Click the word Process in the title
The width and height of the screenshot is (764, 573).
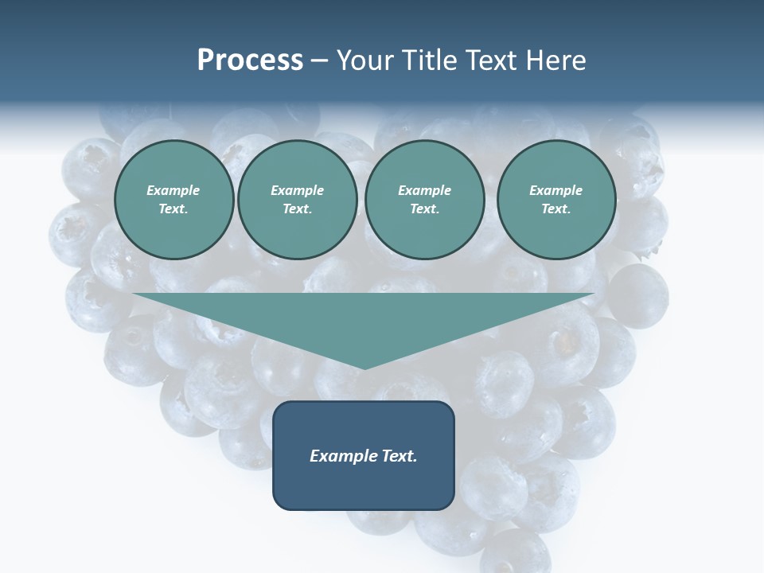coord(250,60)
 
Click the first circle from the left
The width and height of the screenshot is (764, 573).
coord(173,200)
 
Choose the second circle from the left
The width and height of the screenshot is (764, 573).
coord(298,200)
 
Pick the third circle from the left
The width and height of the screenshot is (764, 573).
coord(424,200)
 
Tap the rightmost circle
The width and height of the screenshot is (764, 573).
coord(556,200)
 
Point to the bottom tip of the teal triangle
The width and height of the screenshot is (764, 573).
coord(364,368)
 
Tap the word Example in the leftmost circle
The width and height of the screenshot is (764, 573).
coord(173,190)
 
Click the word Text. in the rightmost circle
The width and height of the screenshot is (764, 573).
coord(556,209)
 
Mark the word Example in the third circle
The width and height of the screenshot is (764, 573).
coord(424,190)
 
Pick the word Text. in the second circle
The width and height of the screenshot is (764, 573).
coord(298,209)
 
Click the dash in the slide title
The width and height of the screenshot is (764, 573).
coord(320,60)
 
